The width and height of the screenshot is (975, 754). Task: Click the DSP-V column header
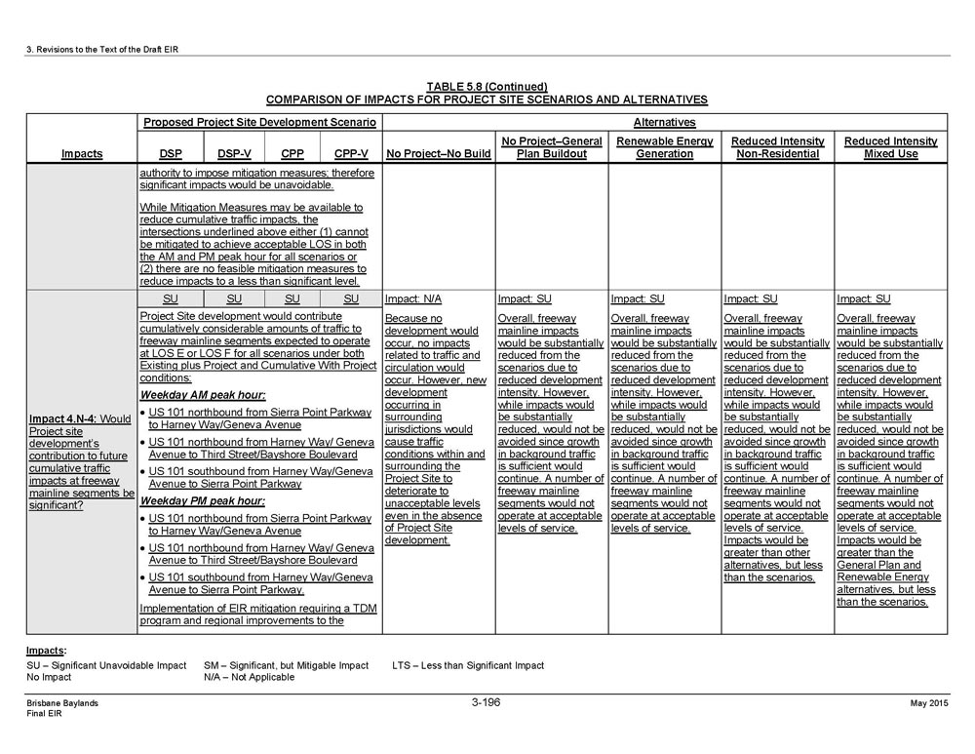point(234,153)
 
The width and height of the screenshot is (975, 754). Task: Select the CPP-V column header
point(351,153)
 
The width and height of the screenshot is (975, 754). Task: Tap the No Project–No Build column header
point(439,153)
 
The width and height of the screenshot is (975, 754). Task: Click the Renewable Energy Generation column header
point(665,147)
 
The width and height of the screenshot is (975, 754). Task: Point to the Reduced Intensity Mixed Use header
point(890,147)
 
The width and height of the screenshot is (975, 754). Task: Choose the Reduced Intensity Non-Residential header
point(777,147)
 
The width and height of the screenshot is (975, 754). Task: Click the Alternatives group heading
point(664,123)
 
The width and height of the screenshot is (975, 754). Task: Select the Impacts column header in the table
point(82,153)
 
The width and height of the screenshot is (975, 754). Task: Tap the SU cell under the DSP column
point(170,298)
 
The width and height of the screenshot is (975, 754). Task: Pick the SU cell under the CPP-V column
point(351,298)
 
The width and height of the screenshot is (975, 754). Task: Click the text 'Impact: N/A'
point(413,299)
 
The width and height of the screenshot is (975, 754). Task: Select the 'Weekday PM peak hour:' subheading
point(202,500)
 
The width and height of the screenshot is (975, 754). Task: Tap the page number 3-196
point(487,701)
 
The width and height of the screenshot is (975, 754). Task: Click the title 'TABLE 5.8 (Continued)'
point(487,87)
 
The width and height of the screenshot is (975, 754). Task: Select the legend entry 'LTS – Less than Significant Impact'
point(468,665)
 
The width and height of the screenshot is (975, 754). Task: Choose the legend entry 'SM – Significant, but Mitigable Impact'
point(286,665)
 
